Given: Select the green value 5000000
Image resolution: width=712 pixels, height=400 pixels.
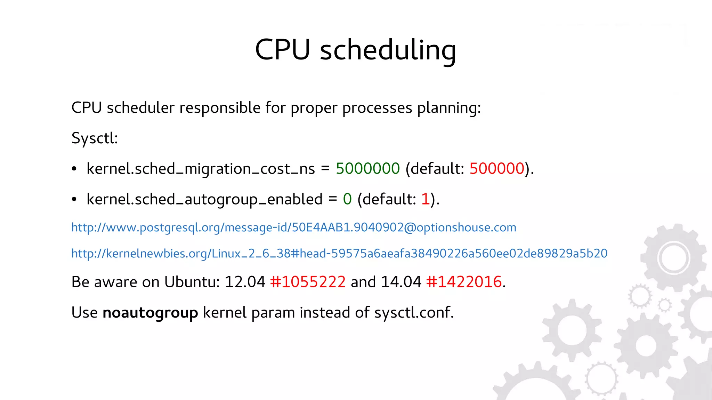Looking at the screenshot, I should click(368, 169).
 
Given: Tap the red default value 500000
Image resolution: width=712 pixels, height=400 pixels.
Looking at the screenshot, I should click(497, 169).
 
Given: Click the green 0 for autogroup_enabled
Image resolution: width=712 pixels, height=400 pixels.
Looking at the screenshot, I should click(347, 199).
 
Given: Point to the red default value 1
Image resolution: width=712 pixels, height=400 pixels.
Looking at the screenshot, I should click(425, 199).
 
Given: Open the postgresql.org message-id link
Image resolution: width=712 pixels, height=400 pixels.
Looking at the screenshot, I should click(294, 227).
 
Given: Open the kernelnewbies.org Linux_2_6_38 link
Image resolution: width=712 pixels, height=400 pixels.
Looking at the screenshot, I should click(339, 254).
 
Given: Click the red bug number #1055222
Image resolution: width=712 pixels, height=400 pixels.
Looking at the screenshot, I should click(308, 282).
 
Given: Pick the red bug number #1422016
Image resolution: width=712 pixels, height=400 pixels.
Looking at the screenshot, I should click(464, 282).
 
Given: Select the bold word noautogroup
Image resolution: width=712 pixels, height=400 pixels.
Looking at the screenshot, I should click(150, 313).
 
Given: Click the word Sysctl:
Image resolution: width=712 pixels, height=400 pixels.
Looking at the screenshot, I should click(95, 138).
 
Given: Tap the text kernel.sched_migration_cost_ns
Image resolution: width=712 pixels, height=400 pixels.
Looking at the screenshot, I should click(201, 169).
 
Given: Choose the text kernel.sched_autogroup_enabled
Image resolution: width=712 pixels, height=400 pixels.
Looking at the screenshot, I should click(204, 200).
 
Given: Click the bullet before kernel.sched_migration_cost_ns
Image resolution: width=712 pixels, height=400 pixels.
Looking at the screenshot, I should click(74, 169).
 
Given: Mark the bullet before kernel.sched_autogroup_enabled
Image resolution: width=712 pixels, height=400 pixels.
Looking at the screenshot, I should click(74, 200).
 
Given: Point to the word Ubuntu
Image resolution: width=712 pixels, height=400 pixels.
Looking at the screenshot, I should click(192, 282).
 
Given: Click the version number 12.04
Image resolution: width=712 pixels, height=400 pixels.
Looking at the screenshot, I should click(245, 282).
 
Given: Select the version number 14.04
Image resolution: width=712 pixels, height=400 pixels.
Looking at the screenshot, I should click(401, 282).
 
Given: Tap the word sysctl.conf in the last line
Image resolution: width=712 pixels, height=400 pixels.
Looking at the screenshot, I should click(414, 313).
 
